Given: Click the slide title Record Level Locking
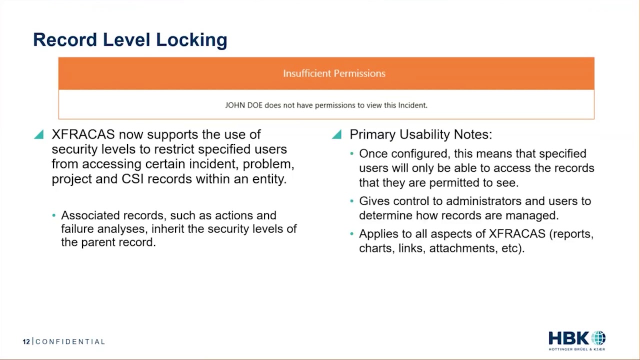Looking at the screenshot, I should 130,40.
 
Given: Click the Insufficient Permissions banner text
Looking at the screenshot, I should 334,73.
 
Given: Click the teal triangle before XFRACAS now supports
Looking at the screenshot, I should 38,134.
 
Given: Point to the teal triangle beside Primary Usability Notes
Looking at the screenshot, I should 336,134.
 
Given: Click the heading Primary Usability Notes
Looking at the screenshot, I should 420,134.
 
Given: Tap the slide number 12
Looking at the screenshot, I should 26,342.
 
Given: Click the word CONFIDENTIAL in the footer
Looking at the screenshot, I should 70,342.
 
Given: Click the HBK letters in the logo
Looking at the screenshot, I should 568,338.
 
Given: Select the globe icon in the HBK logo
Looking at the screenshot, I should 598,338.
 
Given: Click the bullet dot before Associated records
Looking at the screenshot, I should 54,215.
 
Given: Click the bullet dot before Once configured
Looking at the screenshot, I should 352,153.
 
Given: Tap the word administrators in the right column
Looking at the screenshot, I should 476,201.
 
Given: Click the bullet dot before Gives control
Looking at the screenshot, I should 352,201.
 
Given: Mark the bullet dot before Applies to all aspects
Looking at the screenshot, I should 352,234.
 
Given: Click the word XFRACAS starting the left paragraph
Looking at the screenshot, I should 83,134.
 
